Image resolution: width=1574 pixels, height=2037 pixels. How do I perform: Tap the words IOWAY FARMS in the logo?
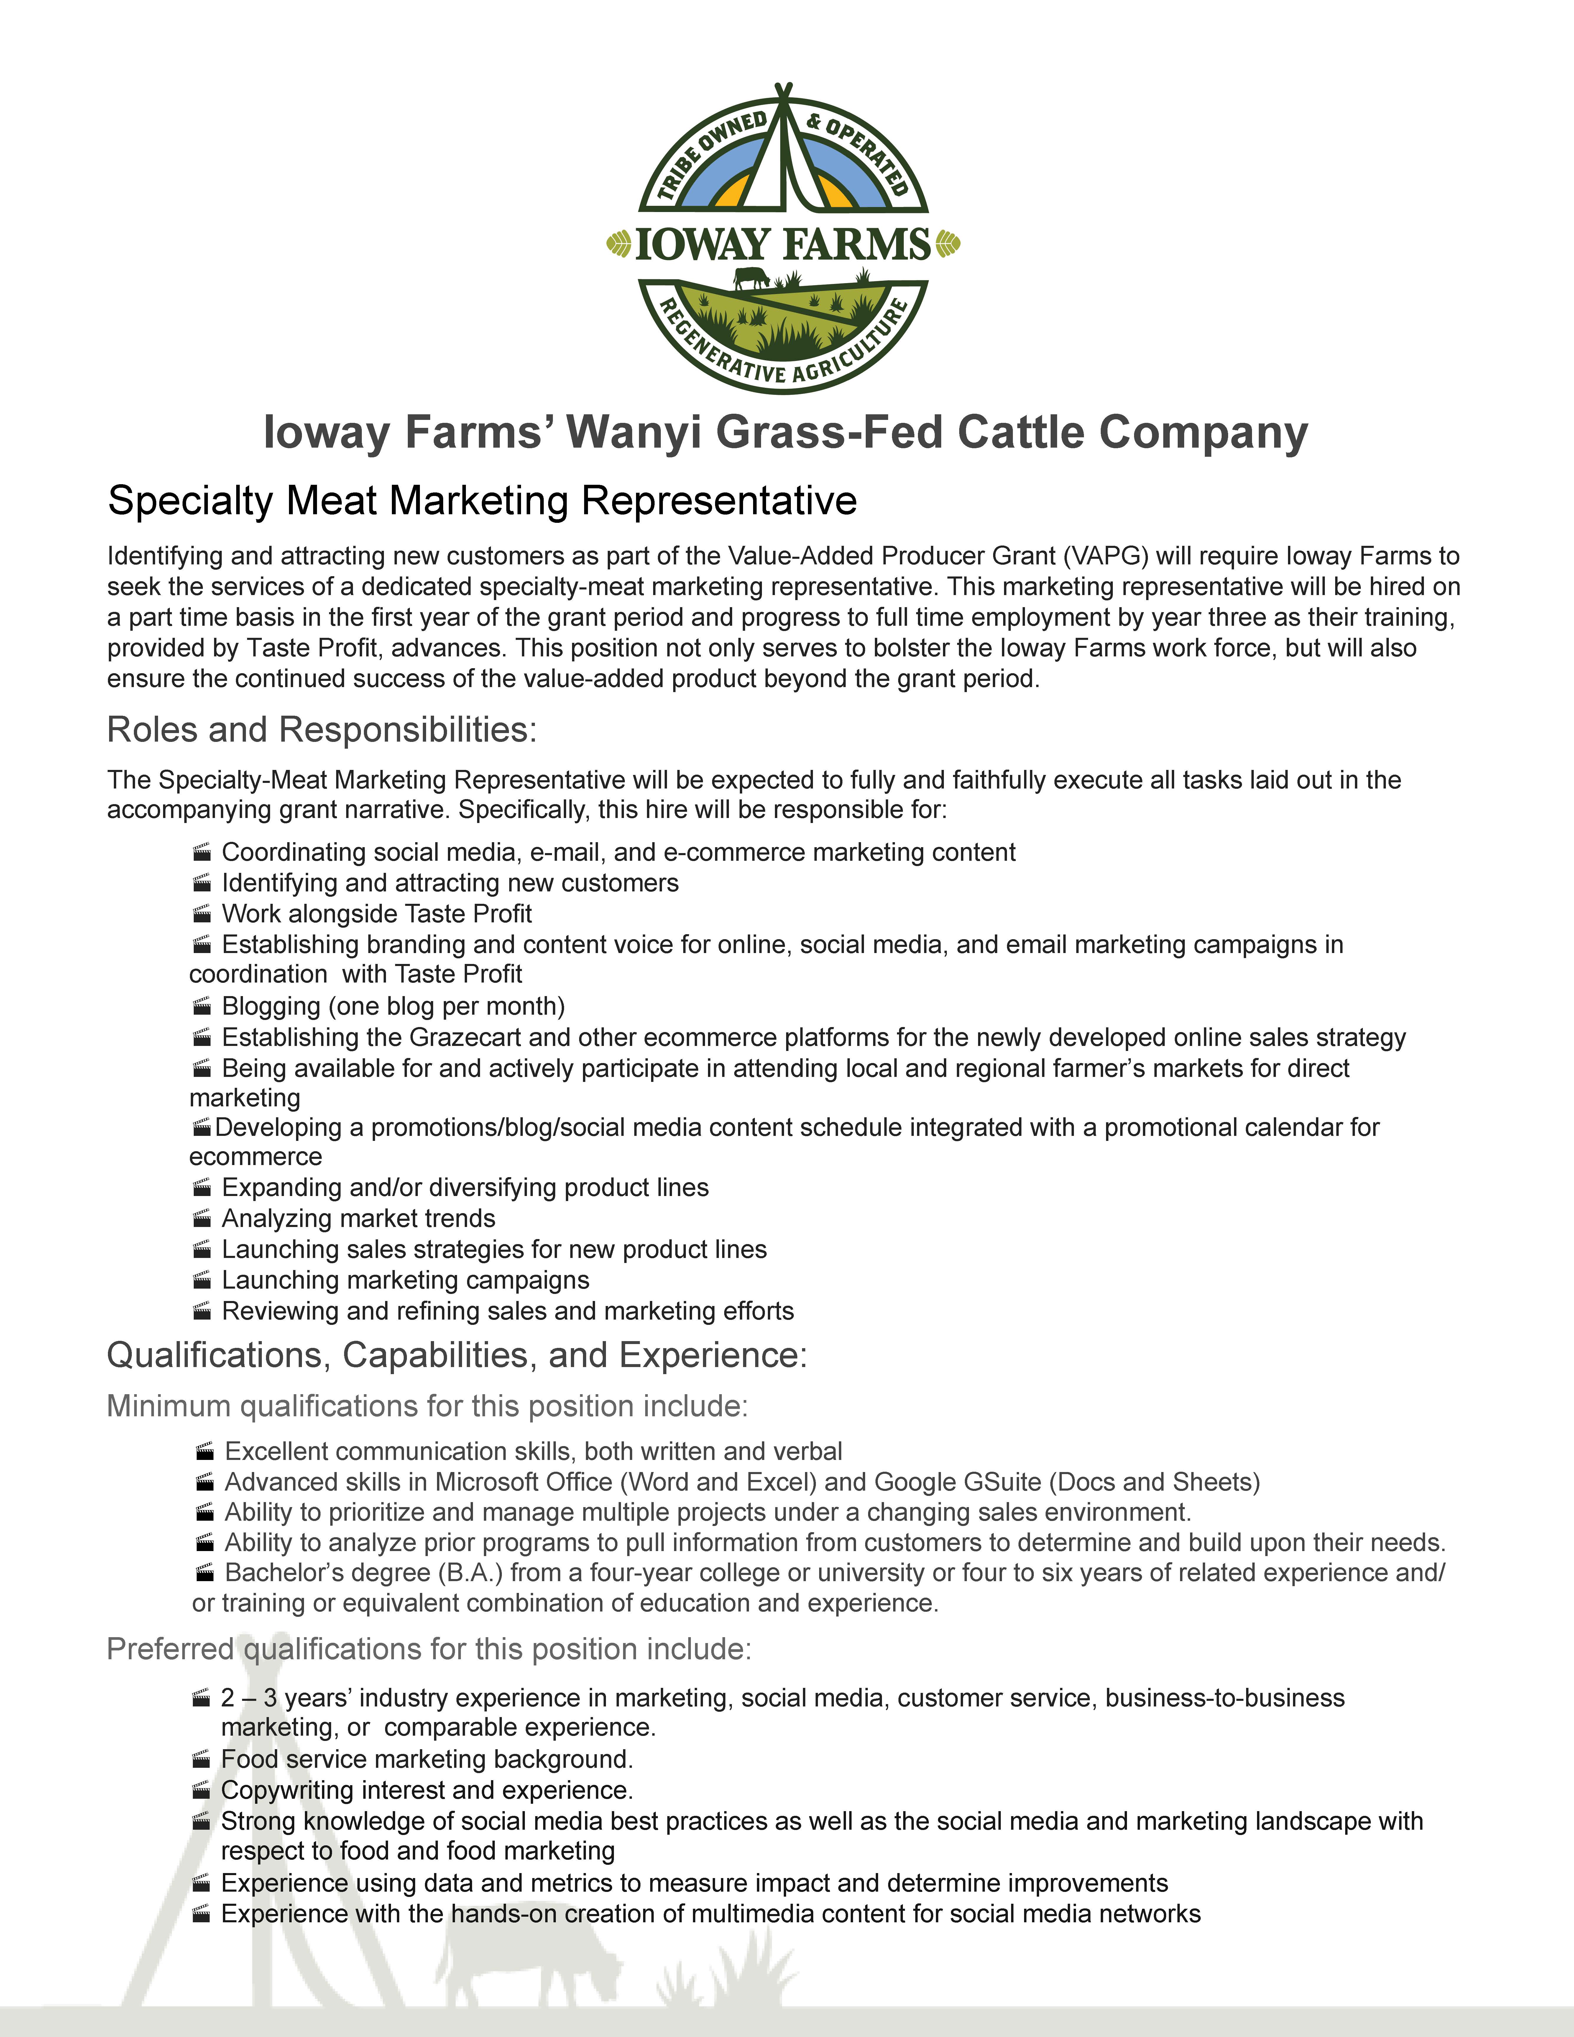[x=783, y=244]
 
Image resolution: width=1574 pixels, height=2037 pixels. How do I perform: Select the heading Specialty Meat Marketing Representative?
[x=482, y=501]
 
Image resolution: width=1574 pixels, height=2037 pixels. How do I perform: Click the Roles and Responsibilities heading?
[x=322, y=729]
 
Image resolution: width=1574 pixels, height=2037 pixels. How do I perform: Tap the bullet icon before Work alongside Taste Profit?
[x=201, y=914]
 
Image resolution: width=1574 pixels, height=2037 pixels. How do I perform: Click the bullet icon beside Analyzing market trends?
[x=201, y=1219]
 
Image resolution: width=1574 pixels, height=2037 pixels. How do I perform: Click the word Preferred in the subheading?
[x=170, y=1649]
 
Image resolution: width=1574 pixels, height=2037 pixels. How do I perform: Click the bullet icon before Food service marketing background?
[x=201, y=1760]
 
